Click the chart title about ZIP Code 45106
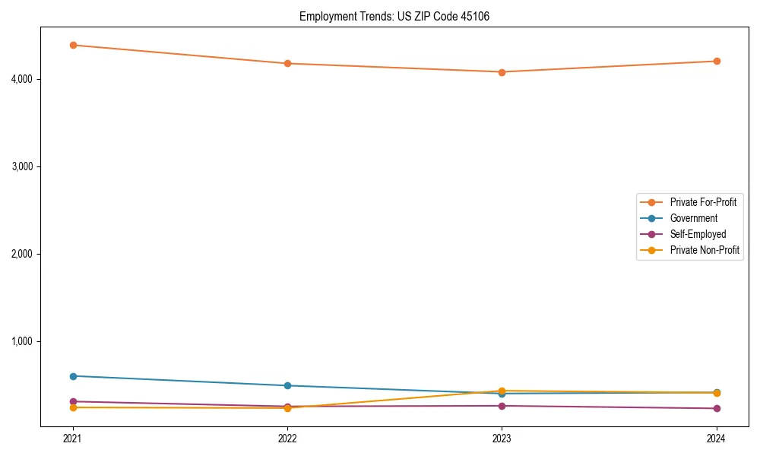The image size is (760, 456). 394,16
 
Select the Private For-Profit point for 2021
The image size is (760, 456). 73,45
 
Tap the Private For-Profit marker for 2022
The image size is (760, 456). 287,63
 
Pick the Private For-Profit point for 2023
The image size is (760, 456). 502,72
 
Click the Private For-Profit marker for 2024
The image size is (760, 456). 716,61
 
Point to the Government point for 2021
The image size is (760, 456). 73,376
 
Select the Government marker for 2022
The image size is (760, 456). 287,385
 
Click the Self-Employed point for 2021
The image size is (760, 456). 73,401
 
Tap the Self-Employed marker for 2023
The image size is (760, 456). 502,406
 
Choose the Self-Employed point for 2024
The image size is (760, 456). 716,408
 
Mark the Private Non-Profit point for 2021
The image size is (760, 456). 73,407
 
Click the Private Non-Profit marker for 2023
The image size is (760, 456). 502,391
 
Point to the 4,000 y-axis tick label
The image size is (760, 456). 22,79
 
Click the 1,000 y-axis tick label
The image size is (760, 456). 22,341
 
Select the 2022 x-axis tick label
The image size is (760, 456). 287,438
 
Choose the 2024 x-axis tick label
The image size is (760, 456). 716,438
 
